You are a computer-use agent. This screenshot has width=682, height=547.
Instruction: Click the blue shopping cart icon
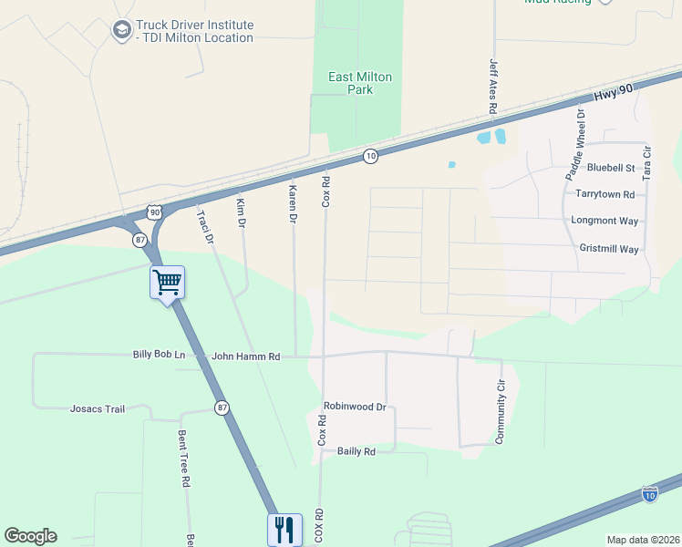tap(168, 283)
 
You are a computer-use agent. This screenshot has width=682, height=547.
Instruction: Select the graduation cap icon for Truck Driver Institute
tap(120, 31)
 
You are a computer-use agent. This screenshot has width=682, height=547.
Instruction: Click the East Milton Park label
tap(360, 83)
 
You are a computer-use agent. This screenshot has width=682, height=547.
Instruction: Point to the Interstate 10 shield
tap(649, 494)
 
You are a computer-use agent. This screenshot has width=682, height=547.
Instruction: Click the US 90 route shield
tap(154, 212)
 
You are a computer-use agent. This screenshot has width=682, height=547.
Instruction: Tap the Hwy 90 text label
tap(612, 94)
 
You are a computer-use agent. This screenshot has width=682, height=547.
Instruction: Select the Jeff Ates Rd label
tap(493, 87)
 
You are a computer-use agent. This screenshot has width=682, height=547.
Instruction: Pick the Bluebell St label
tap(610, 168)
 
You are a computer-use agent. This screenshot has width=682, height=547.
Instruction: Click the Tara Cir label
tap(647, 161)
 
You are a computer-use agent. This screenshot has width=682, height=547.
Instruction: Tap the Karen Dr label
tap(293, 205)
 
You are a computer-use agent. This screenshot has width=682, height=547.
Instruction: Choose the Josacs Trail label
tap(98, 409)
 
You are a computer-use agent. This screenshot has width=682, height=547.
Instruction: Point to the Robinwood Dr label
tap(355, 407)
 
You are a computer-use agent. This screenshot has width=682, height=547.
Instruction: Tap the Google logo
tap(30, 536)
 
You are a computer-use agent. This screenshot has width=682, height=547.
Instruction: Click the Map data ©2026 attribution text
tap(642, 540)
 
